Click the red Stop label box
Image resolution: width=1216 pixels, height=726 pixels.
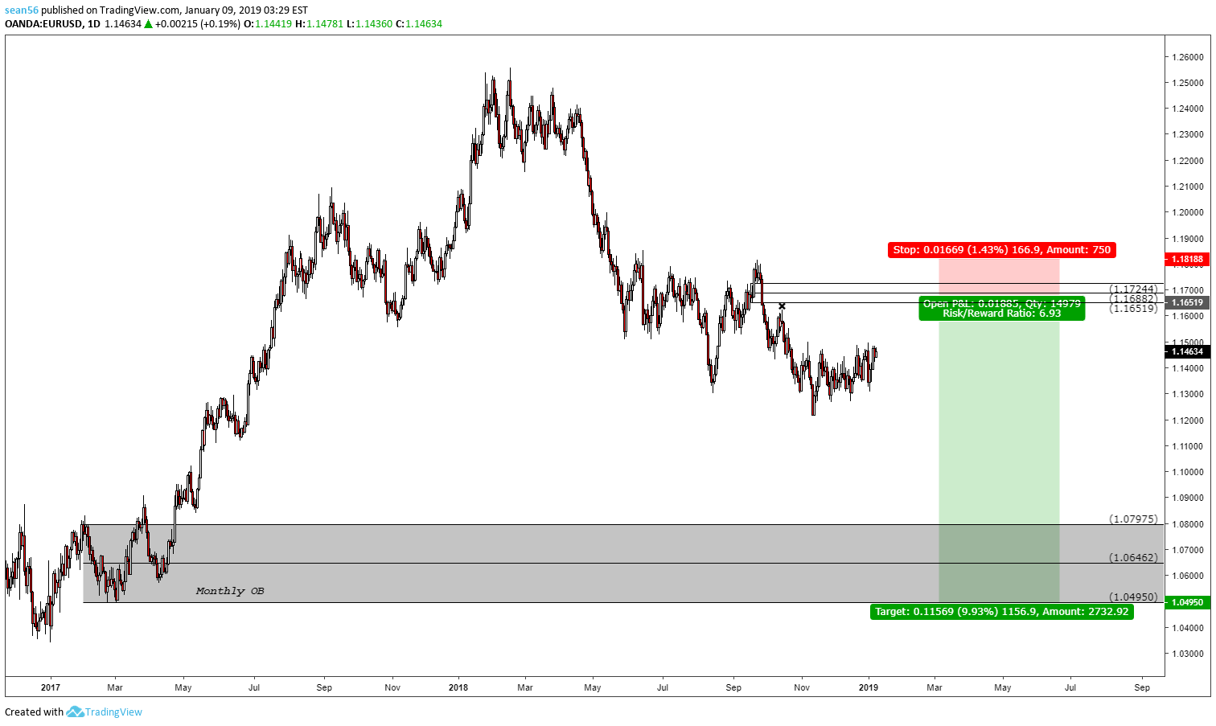(1001, 250)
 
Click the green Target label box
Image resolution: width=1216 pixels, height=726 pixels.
(1001, 612)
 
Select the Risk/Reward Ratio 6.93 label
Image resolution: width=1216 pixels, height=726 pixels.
(1001, 314)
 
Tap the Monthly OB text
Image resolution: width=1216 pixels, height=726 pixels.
(230, 591)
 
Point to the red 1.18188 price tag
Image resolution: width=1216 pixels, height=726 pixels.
(1186, 259)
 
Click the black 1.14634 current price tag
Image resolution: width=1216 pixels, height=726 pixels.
(1186, 351)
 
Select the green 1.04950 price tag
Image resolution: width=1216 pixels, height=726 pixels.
(1186, 602)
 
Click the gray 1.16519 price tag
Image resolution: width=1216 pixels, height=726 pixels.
(1186, 302)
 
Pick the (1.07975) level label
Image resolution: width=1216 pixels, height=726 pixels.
(1133, 519)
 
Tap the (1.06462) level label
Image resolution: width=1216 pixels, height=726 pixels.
(1133, 557)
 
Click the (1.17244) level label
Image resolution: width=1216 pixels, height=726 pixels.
(1133, 289)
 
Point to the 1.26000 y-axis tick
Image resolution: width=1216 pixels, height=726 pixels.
(1187, 57)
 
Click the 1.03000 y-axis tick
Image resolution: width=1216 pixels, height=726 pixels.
(1187, 654)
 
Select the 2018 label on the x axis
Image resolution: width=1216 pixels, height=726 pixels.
(458, 687)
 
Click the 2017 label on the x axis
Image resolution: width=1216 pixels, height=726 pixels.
(50, 687)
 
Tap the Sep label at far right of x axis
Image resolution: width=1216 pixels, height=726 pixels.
(1142, 687)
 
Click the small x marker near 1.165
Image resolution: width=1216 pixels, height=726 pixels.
(782, 306)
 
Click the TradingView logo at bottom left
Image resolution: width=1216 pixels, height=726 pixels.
(105, 712)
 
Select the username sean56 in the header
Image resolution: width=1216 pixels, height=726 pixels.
(22, 10)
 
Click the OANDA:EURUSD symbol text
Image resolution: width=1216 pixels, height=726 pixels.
(43, 24)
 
